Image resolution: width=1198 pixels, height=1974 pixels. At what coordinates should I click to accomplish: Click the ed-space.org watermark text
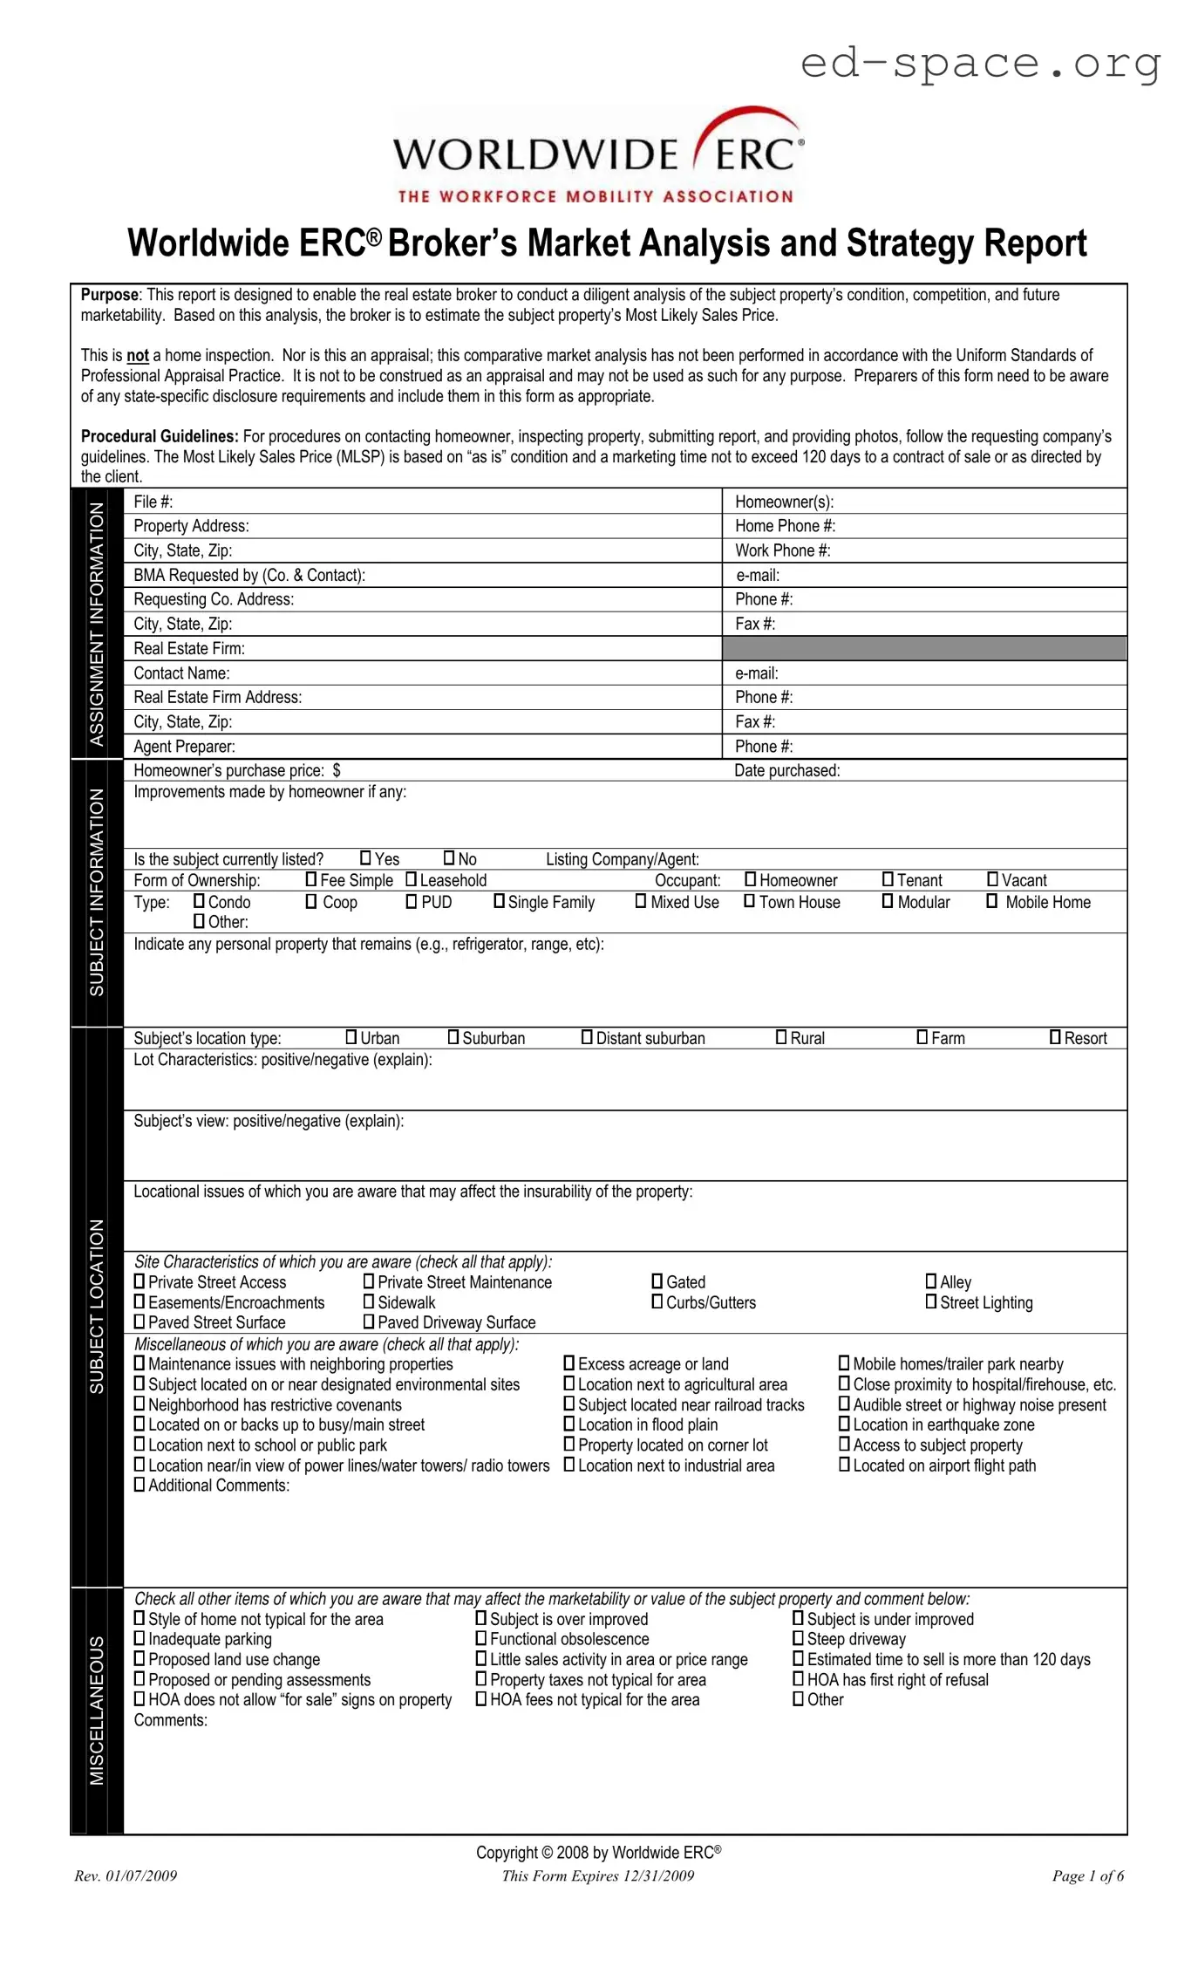tap(980, 63)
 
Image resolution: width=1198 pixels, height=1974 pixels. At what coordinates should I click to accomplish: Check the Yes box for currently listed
tap(366, 858)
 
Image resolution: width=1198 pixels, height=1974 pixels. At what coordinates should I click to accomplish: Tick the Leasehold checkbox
tap(412, 879)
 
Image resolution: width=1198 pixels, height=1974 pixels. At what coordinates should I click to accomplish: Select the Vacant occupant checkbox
tap(992, 879)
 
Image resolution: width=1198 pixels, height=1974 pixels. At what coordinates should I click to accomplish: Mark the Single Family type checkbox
tap(500, 901)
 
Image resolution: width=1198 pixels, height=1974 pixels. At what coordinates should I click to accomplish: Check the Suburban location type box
tap(453, 1037)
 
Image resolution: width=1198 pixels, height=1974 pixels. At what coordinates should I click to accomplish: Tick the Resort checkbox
tap(1056, 1037)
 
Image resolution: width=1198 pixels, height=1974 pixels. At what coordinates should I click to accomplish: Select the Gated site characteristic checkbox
tap(657, 1281)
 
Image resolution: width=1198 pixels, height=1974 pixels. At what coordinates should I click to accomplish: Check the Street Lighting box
tap(931, 1301)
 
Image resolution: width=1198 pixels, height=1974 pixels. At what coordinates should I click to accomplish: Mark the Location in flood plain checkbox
tap(569, 1424)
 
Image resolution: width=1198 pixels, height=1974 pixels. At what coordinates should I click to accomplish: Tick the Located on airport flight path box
tap(844, 1465)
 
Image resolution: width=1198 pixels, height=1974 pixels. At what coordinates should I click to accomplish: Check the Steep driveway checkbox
tap(798, 1638)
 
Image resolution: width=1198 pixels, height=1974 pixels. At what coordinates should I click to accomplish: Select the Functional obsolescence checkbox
tap(481, 1638)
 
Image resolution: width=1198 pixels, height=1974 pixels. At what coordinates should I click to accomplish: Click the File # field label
tap(153, 502)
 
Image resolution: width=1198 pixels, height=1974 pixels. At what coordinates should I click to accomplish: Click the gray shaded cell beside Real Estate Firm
tap(924, 648)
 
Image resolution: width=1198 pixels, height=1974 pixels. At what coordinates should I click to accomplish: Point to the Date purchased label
tap(786, 770)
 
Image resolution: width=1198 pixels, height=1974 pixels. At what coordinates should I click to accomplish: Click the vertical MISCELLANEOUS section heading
tap(97, 1710)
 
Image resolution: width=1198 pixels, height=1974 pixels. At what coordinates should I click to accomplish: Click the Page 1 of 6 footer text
tap(1087, 1875)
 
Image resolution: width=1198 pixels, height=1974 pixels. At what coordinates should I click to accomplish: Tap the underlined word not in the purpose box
tap(138, 356)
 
